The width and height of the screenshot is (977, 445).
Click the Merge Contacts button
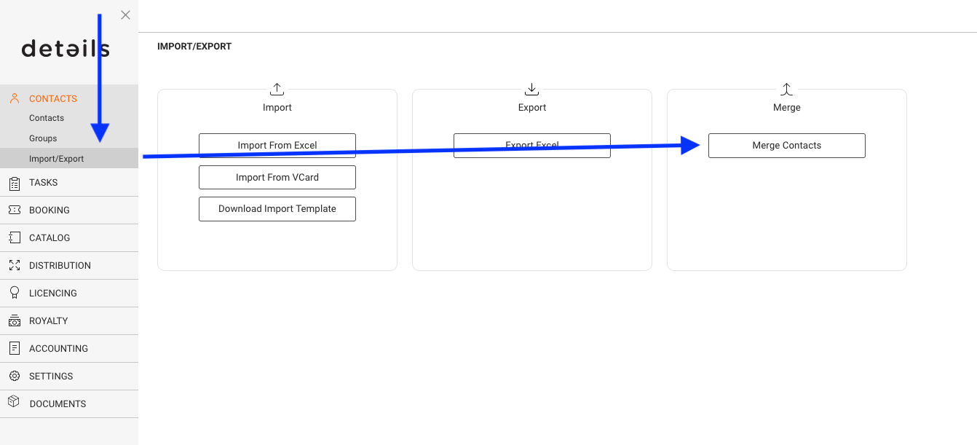[786, 145]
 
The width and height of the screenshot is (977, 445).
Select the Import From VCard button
[277, 177]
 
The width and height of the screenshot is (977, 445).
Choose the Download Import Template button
[277, 209]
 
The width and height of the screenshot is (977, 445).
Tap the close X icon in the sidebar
[126, 15]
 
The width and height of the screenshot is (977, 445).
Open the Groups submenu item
[43, 138]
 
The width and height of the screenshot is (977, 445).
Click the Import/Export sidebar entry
[56, 158]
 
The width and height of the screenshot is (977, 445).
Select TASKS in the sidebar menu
[43, 182]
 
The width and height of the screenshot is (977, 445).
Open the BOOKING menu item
[50, 210]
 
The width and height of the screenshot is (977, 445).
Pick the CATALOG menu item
[50, 237]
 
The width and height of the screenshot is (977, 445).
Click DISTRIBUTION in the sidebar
[60, 265]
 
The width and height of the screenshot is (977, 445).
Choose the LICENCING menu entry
[52, 294]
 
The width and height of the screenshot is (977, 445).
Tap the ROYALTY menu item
[49, 320]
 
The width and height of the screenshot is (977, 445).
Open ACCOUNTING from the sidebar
[58, 349]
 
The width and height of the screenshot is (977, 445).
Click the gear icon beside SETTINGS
[15, 376]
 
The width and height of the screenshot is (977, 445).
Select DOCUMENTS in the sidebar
[58, 404]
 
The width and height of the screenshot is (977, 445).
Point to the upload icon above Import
[277, 89]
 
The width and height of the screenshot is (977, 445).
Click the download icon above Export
[531, 89]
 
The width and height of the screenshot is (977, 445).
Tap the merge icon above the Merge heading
[786, 89]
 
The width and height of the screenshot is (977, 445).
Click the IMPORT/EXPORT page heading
[194, 46]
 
